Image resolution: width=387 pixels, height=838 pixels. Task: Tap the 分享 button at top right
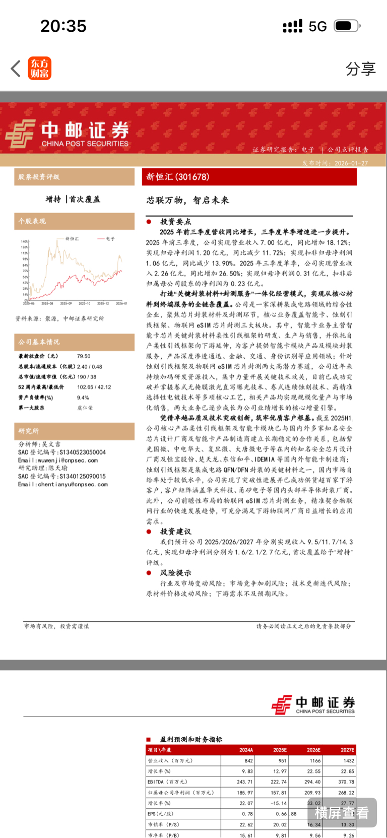[360, 69]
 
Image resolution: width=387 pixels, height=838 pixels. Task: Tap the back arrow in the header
[16, 69]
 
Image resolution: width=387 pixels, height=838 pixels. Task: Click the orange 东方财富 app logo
[39, 69]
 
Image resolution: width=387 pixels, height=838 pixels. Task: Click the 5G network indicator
[317, 26]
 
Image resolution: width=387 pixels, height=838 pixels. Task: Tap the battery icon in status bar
[347, 26]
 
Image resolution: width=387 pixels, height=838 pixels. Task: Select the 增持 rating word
[53, 199]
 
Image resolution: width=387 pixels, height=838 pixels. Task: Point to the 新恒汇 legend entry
[72, 238]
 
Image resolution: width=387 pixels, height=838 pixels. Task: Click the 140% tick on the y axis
[24, 242]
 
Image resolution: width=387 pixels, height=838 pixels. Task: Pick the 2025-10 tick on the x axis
[84, 303]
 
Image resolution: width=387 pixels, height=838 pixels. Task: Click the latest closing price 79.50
[84, 356]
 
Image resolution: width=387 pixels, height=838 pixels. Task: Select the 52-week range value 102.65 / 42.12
[94, 387]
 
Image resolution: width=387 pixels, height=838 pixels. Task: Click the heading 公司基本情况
[39, 342]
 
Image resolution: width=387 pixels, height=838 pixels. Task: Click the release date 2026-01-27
[351, 163]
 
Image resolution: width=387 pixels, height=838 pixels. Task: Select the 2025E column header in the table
[280, 750]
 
